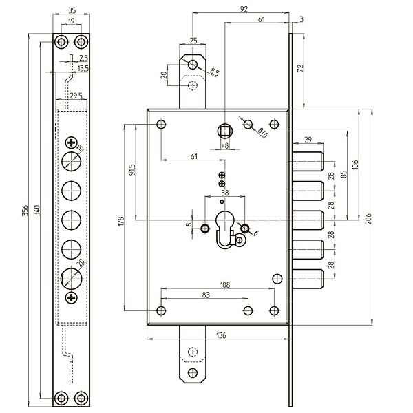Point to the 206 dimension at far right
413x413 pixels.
pos(368,218)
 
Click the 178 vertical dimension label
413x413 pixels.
pos(120,222)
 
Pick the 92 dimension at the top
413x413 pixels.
pos(243,10)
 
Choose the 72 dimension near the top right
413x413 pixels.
pos(299,68)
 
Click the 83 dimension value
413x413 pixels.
pos(207,295)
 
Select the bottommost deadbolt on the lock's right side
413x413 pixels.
pos(309,279)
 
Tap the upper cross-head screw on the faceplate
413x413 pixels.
pos(72,143)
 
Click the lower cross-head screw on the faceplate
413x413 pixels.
pos(72,297)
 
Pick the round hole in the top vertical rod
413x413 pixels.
pos(193,64)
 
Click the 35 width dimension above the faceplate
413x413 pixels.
pos(72,10)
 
